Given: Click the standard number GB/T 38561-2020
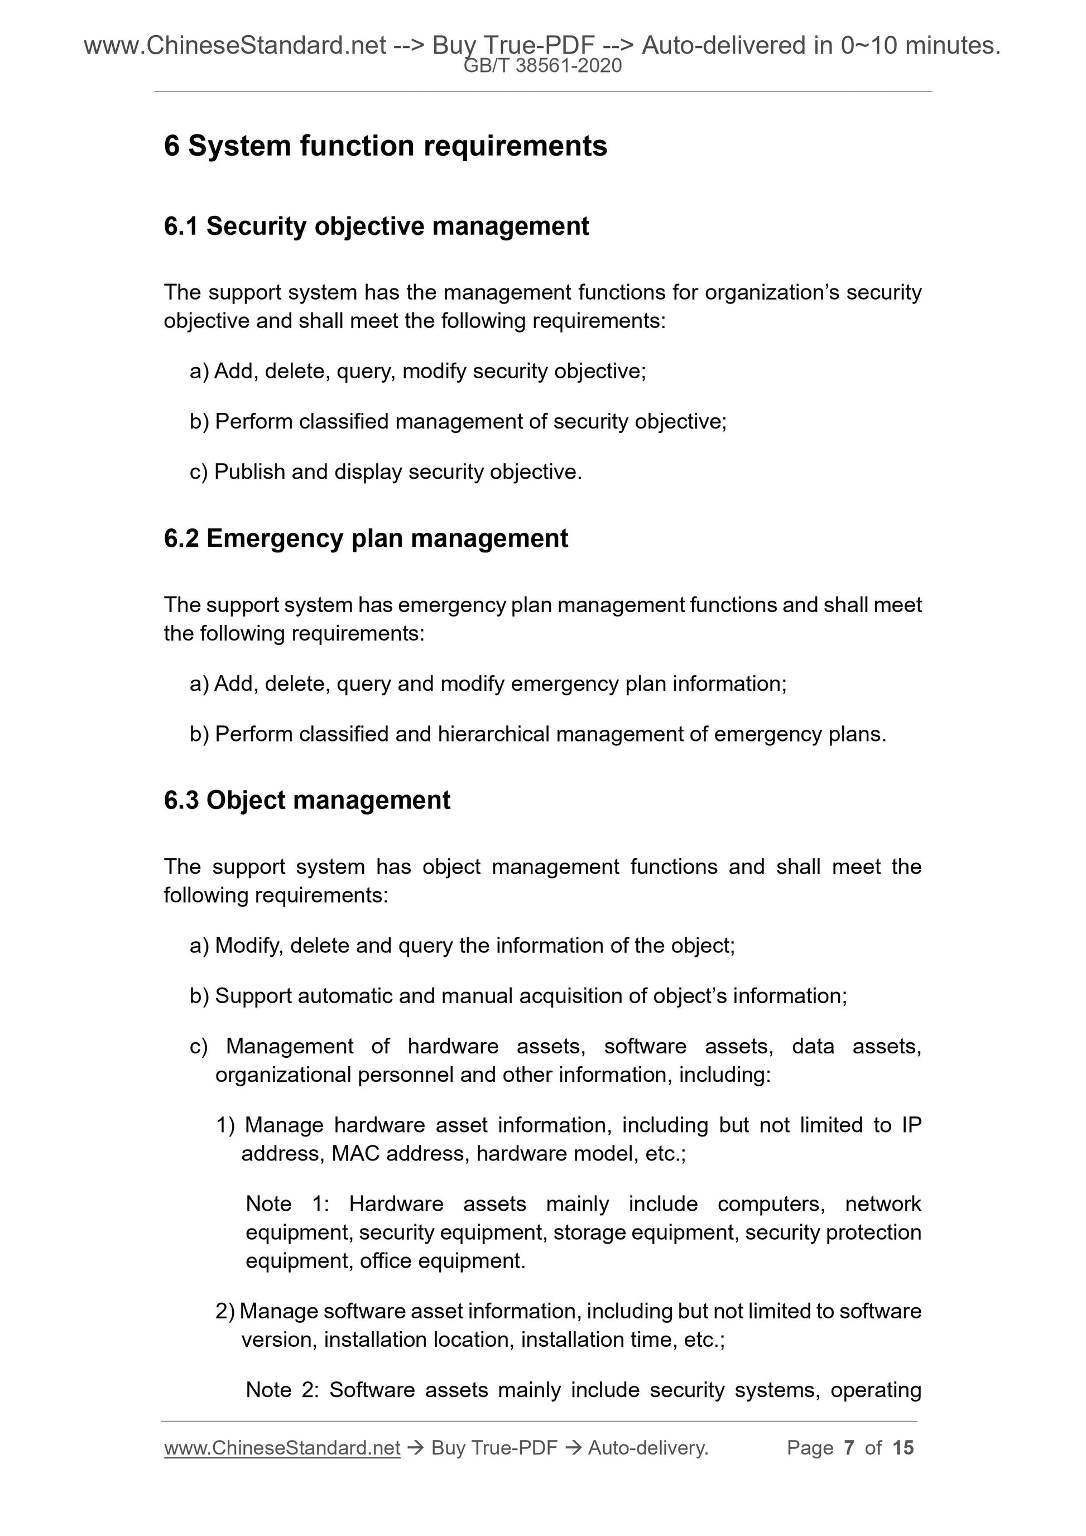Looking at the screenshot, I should coord(542,66).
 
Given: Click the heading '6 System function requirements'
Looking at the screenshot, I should coord(386,146).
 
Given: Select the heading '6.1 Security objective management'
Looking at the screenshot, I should coord(376,226).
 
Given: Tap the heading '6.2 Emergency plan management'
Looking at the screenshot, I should coord(366,538).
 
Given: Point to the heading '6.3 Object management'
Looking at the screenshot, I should coord(307,800).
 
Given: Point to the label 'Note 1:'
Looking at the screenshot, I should coord(287,1203).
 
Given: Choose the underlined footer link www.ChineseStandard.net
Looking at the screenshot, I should coord(282,1448).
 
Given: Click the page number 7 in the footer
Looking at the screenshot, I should coord(849,1448).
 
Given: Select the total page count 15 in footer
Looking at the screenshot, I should coord(902,1448).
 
